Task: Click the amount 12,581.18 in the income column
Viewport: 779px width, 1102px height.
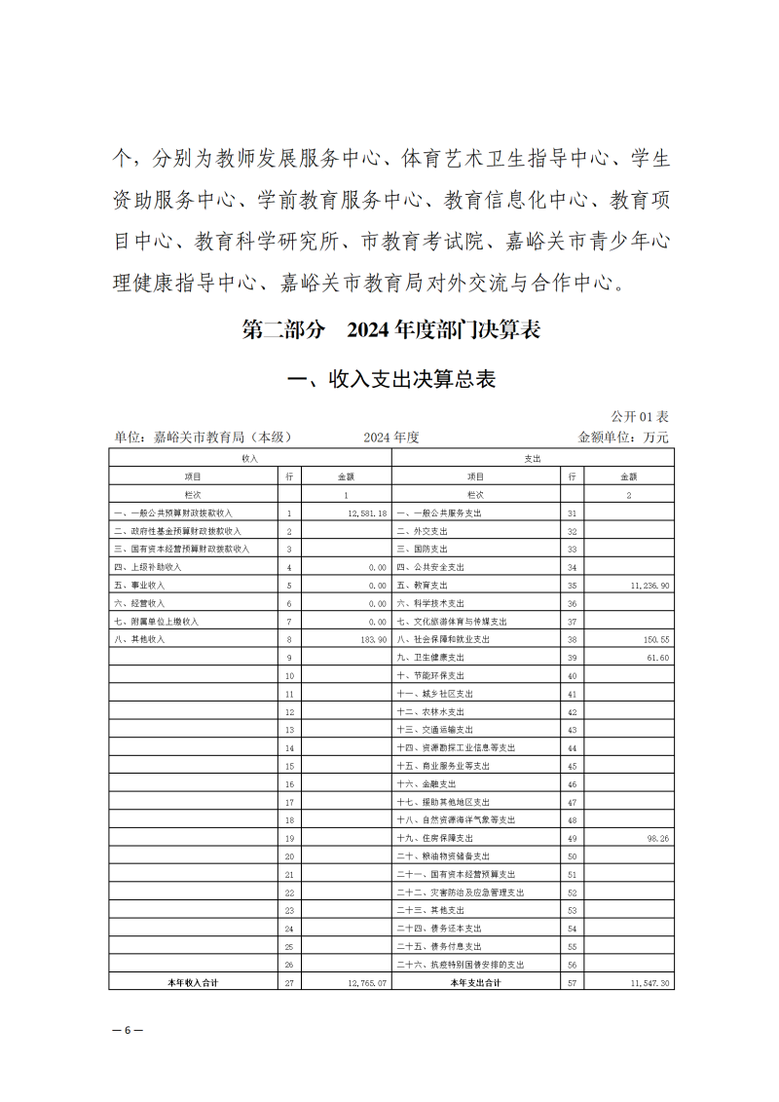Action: tap(367, 513)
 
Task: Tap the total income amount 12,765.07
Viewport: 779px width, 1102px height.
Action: tap(367, 983)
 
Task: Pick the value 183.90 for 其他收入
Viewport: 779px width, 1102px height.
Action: tap(372, 639)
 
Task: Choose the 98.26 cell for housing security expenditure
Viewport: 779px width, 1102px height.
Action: tap(657, 838)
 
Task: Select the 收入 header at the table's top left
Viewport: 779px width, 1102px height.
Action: tap(250, 458)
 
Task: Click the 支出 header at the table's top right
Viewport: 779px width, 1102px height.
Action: tap(533, 458)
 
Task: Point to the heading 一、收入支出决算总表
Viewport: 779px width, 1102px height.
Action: tap(389, 379)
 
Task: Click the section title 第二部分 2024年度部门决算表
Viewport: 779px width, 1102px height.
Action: tap(390, 330)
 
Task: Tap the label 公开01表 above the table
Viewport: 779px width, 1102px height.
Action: tap(640, 417)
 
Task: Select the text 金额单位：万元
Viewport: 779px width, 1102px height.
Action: tap(623, 437)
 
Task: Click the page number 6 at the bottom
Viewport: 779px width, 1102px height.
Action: tap(127, 1030)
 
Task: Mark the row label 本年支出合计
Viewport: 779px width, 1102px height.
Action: tap(475, 983)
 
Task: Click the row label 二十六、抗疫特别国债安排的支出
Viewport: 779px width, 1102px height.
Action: tap(461, 965)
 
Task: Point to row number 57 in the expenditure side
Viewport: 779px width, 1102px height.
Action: tap(573, 983)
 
